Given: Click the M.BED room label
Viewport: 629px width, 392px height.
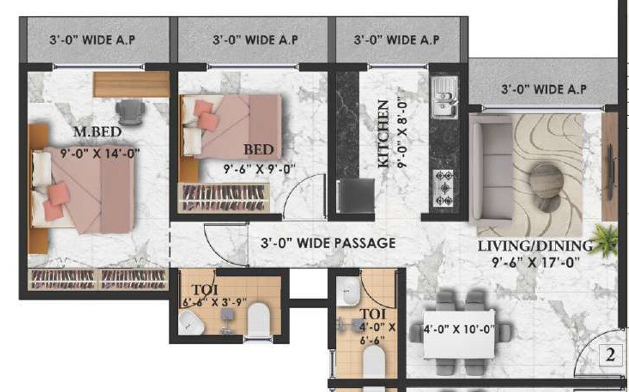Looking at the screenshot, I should (x=97, y=132).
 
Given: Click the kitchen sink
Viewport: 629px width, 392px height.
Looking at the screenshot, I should (x=446, y=99).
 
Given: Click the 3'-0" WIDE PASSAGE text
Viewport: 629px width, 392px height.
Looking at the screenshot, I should (x=330, y=243).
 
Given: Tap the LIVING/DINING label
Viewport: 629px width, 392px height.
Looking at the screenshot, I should (x=535, y=245).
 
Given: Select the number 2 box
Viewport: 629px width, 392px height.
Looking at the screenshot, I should (x=610, y=356).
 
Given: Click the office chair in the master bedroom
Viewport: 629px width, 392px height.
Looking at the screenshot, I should (x=131, y=110).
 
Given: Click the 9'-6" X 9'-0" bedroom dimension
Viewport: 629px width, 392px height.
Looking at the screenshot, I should (x=259, y=169).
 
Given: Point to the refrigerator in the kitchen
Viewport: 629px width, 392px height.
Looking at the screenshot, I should (x=349, y=196).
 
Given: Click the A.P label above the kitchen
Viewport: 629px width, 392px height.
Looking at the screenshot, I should (x=396, y=40).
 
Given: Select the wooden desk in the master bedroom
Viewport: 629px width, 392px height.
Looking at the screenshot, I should (x=131, y=84).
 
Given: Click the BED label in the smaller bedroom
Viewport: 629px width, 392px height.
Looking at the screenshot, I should (x=259, y=150).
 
